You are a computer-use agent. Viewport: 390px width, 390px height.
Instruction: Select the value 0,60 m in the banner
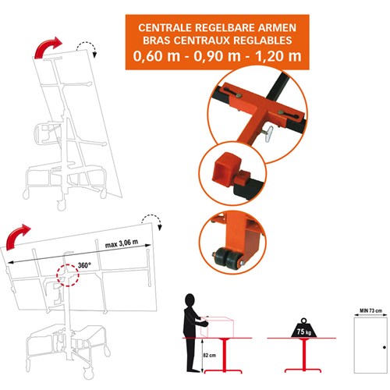(157, 56)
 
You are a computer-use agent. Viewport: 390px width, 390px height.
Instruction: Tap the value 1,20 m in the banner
(278, 56)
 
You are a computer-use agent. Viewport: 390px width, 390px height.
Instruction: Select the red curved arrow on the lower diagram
(17, 236)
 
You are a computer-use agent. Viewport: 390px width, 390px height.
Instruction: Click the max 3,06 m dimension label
(122, 243)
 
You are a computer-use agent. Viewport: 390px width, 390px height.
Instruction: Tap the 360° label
(84, 265)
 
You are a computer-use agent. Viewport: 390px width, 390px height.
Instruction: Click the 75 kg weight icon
(304, 328)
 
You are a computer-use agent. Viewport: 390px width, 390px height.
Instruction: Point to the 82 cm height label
(209, 355)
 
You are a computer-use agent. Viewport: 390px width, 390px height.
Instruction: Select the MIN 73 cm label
(371, 310)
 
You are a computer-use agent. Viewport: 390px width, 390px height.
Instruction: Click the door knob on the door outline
(385, 347)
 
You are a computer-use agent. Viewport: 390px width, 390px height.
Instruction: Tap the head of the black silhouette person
(190, 301)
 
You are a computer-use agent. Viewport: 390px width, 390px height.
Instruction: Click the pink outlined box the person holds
(217, 327)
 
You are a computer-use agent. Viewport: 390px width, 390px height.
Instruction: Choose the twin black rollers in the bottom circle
(227, 259)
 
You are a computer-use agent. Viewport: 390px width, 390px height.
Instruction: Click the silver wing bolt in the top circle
(268, 133)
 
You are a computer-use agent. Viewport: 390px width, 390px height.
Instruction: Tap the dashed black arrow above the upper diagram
(87, 47)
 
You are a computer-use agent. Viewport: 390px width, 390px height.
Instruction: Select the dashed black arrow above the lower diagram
(152, 221)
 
